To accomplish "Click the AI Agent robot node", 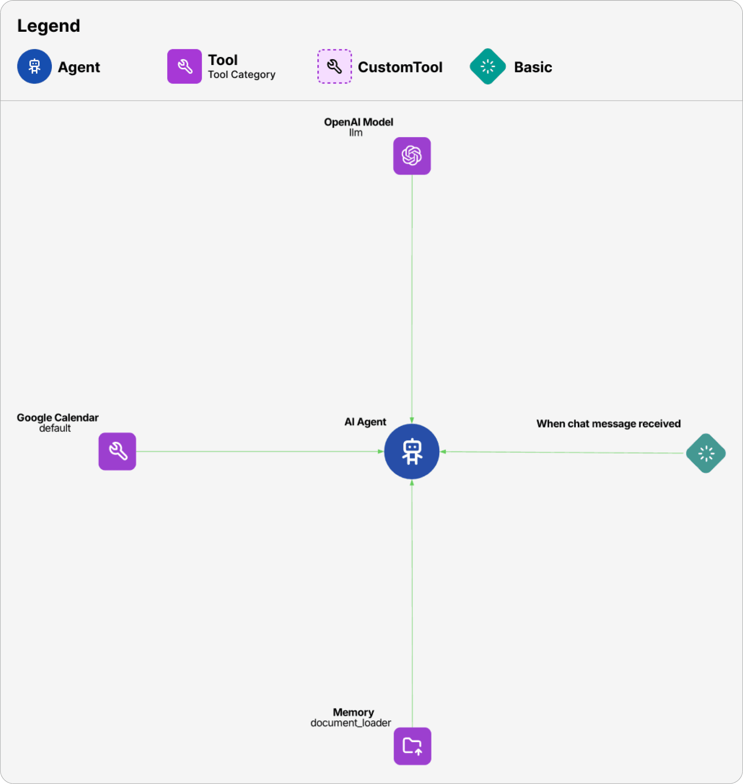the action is click(412, 451).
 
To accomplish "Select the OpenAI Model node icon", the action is click(412, 156).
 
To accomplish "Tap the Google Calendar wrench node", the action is click(117, 451).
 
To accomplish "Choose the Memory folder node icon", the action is click(412, 746).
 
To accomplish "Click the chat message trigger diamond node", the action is click(706, 453).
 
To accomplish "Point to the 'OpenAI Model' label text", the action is click(358, 122).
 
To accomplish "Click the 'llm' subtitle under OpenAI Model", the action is click(356, 133).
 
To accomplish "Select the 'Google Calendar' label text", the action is click(57, 417).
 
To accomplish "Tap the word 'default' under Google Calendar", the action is click(55, 428).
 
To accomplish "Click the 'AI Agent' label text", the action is click(365, 422).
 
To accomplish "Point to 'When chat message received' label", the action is click(608, 424).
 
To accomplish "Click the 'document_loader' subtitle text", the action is click(351, 723).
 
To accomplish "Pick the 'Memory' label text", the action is click(353, 712).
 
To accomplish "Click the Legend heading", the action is click(49, 26).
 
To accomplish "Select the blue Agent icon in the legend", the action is click(34, 66).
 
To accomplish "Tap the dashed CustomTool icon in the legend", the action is click(335, 66).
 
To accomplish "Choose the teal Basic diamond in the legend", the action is click(488, 66).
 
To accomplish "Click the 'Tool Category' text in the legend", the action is click(241, 74).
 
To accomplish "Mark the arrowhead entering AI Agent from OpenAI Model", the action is click(412, 420).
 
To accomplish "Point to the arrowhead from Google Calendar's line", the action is click(381, 451).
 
